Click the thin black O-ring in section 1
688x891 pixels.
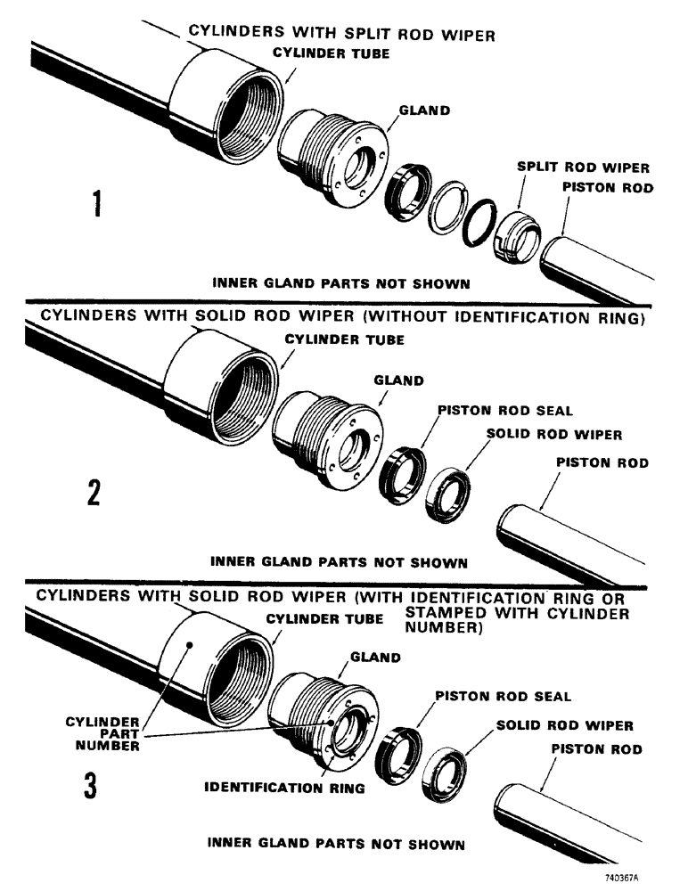tap(479, 224)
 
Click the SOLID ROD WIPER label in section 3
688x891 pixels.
tap(564, 725)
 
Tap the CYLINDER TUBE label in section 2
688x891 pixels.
tap(344, 339)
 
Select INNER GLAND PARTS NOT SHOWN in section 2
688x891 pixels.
tap(339, 562)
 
